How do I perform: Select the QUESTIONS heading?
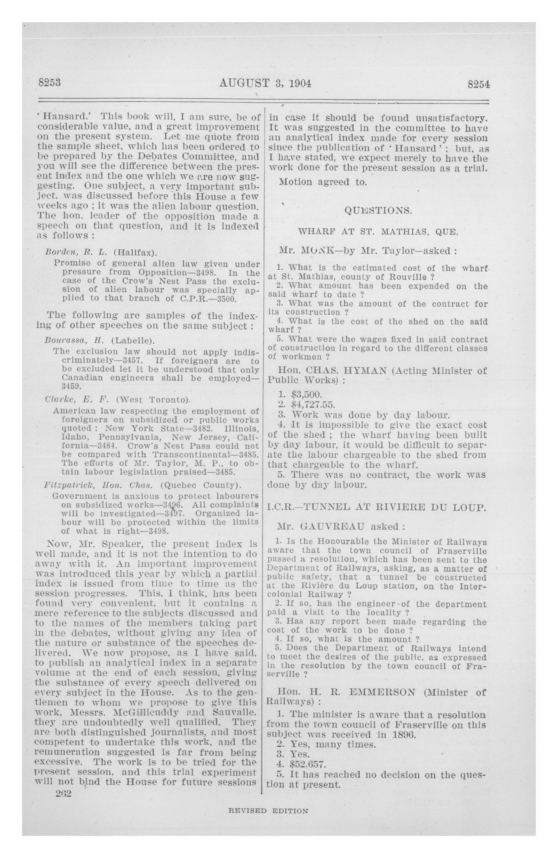coord(378,211)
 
